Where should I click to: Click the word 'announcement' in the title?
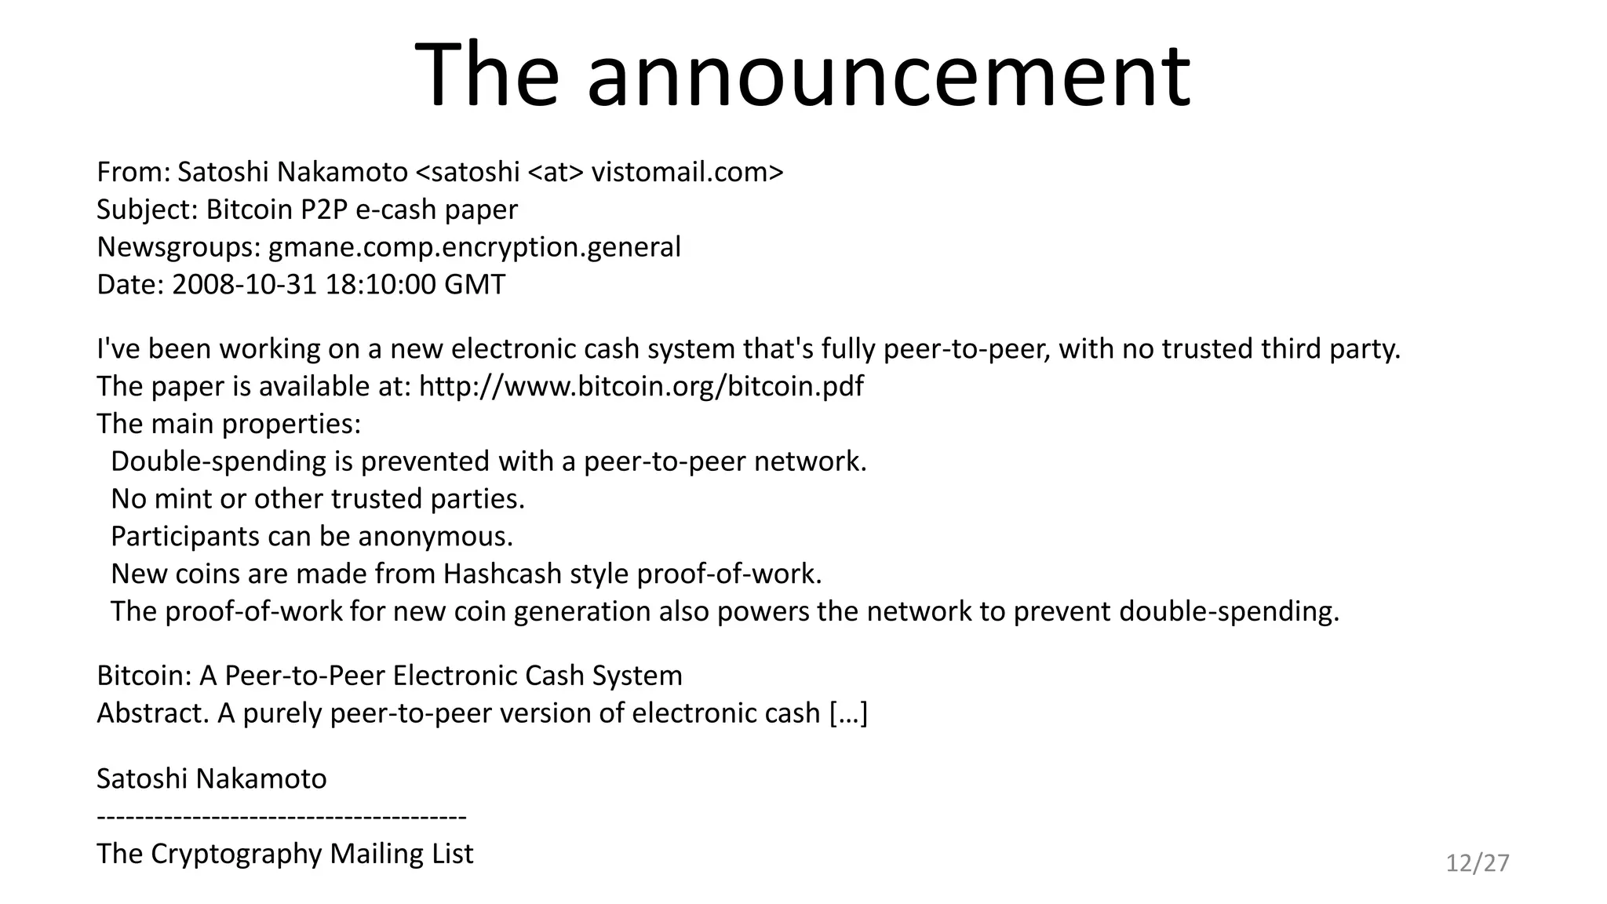click(x=888, y=77)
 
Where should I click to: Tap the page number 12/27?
click(x=1478, y=863)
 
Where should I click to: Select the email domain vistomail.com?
click(x=683, y=172)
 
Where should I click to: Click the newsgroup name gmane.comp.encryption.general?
click(x=475, y=247)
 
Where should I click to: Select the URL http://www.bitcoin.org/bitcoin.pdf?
click(x=641, y=386)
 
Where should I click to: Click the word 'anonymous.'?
click(x=435, y=537)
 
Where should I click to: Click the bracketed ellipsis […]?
click(x=848, y=713)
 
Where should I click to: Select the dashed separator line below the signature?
click(x=282, y=817)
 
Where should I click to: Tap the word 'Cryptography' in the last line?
click(x=235, y=854)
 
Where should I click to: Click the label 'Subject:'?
click(x=148, y=210)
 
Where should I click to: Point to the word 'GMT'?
click(x=475, y=284)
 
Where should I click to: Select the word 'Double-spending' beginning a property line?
click(x=218, y=461)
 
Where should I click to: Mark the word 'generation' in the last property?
click(x=582, y=611)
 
